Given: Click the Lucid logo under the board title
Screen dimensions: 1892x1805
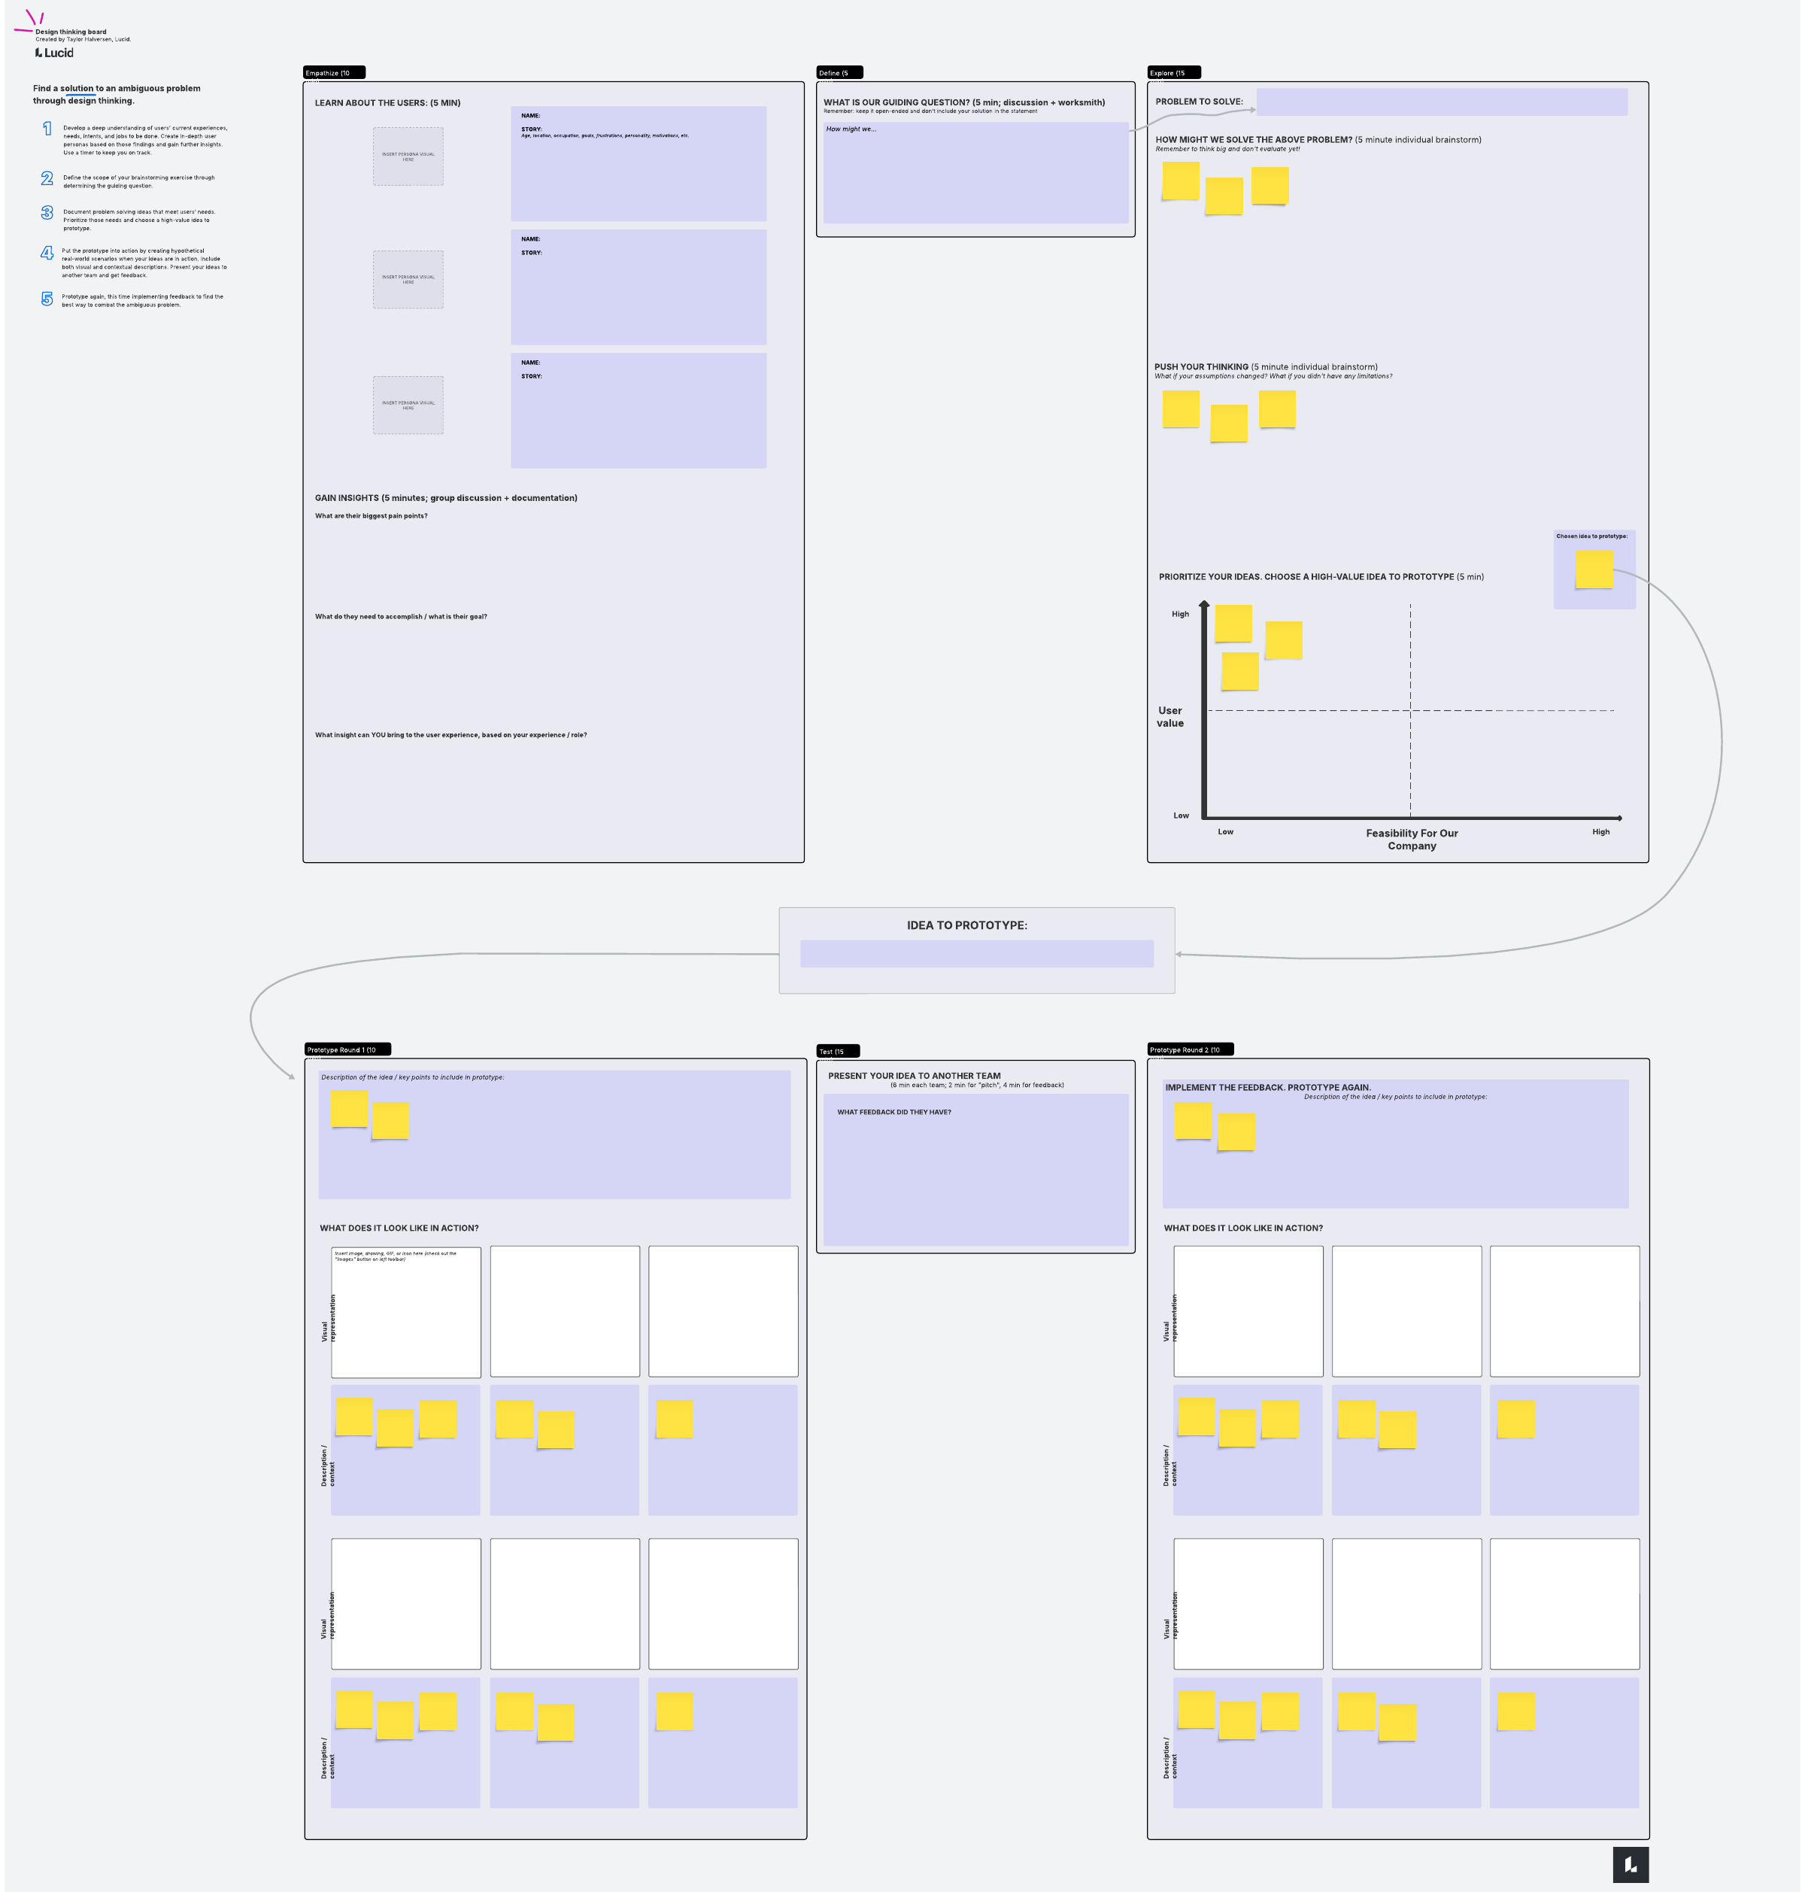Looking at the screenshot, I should (55, 53).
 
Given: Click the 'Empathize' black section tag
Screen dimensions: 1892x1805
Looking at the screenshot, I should (333, 73).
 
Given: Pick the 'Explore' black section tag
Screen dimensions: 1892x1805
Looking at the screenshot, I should (1172, 73).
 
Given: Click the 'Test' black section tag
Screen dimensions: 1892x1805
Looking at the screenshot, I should (837, 1051).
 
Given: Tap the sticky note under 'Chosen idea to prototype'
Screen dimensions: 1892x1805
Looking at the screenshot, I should (1594, 569).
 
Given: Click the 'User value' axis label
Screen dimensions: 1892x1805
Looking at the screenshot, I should (1170, 717).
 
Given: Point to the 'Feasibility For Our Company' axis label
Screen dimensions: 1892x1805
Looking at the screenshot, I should (1412, 840).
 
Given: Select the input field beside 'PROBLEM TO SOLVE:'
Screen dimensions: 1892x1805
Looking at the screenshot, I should (1441, 102).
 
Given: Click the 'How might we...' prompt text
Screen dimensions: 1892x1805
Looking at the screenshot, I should (851, 129).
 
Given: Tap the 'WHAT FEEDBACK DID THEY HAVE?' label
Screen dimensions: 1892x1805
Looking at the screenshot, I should (893, 1113).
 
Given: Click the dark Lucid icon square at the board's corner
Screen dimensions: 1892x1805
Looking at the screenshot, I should (1630, 1864).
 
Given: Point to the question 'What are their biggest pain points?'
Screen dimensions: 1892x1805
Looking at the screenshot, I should (372, 517).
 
